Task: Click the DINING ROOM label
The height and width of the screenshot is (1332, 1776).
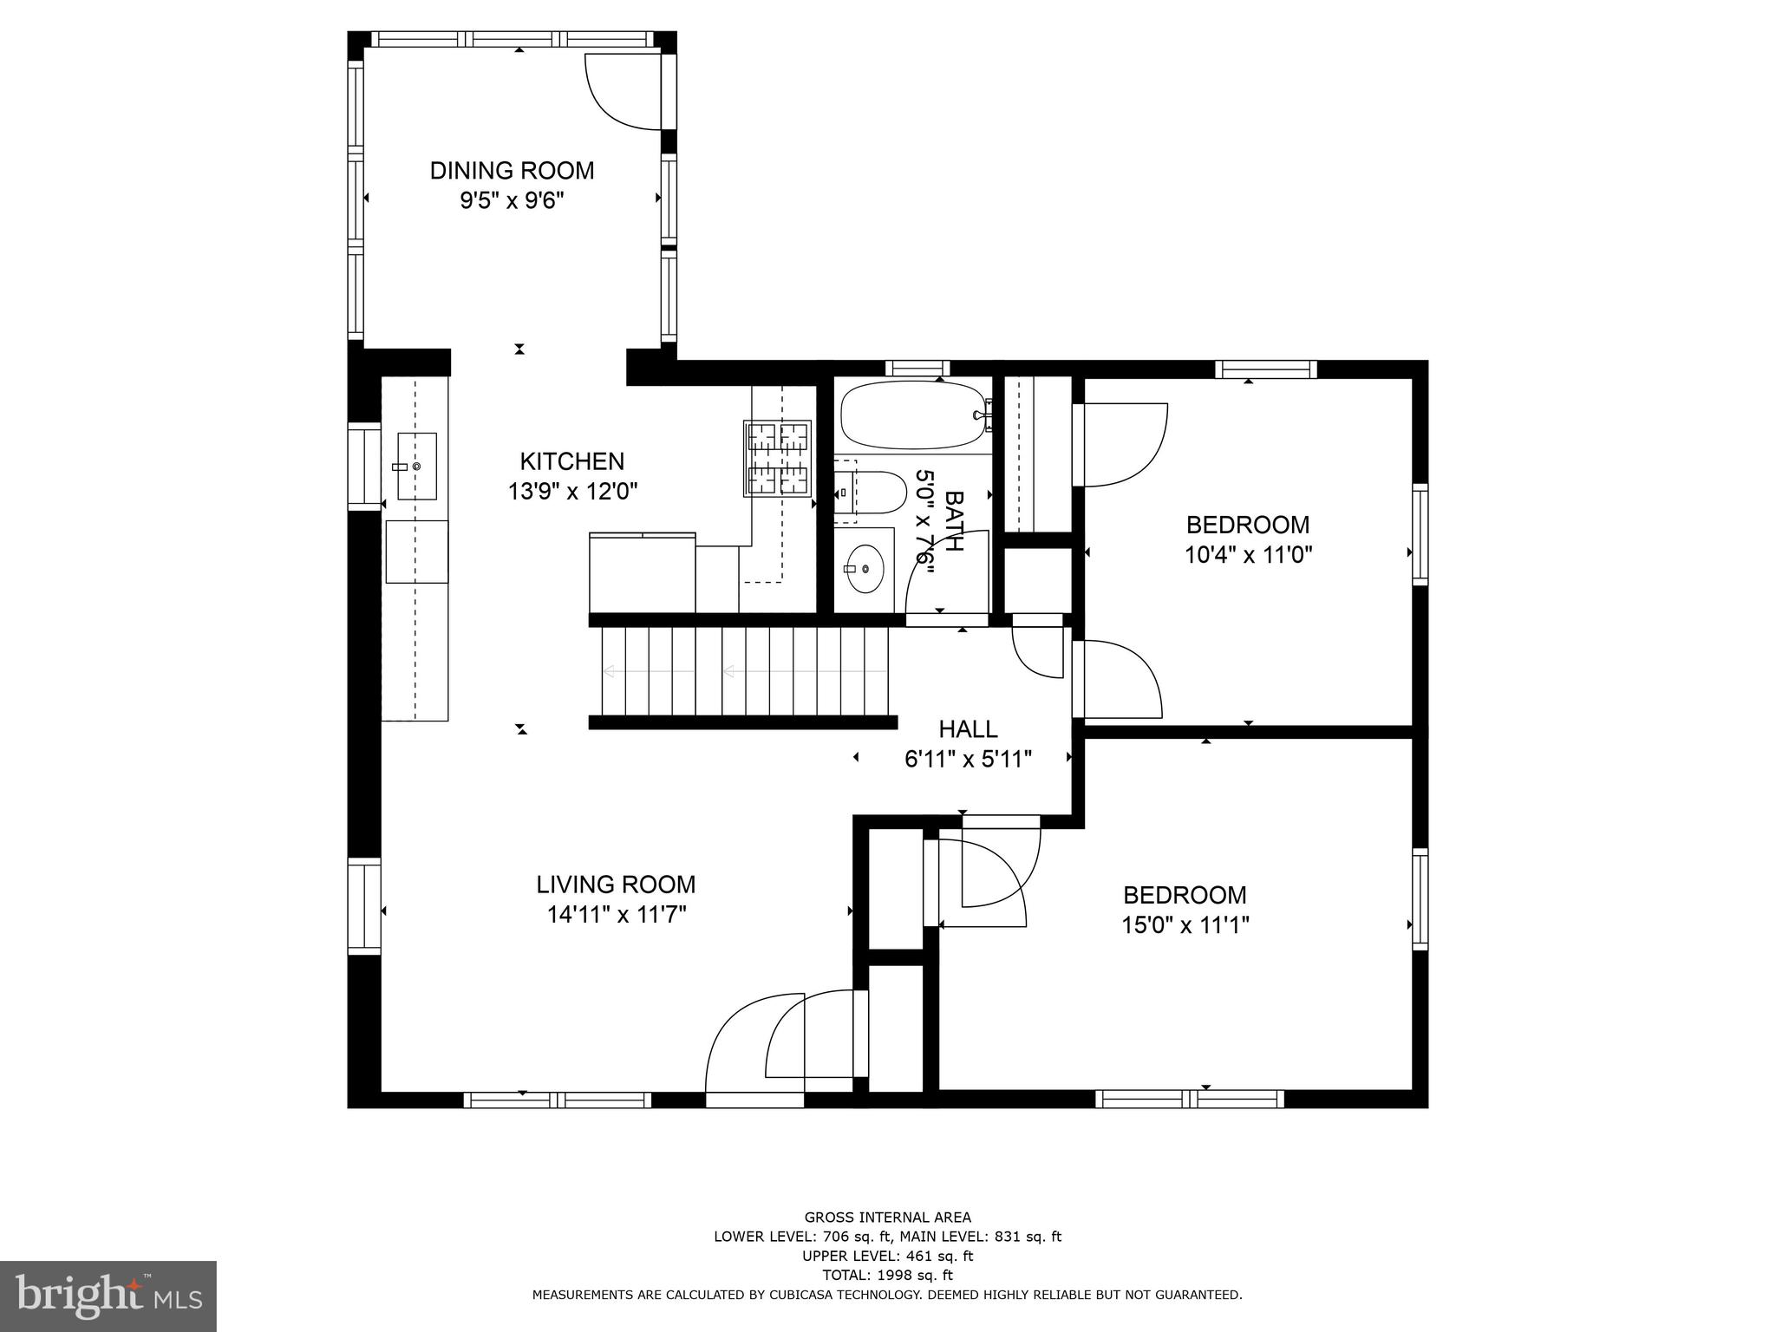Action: tap(512, 171)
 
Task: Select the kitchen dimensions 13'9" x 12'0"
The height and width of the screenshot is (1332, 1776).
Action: tap(572, 492)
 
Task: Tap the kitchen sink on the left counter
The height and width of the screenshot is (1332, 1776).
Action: tap(416, 467)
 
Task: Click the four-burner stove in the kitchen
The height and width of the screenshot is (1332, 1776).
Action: tap(777, 458)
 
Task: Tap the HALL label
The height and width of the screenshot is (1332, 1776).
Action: tap(968, 729)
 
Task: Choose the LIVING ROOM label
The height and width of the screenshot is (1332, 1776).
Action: tap(616, 885)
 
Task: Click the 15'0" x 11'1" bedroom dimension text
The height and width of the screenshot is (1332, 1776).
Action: tap(1185, 925)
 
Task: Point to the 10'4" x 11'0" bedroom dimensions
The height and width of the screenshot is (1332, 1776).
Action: tap(1248, 555)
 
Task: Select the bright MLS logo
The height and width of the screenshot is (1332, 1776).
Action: tap(108, 1296)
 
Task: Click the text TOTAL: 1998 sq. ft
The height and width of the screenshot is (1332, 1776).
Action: tap(887, 1276)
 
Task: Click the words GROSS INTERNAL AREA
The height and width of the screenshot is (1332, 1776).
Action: tap(887, 1218)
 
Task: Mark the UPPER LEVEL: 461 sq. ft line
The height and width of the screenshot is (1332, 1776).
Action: tap(887, 1256)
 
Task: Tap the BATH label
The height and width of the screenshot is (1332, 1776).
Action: tap(953, 520)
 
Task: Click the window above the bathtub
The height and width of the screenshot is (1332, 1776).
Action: tap(917, 368)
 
